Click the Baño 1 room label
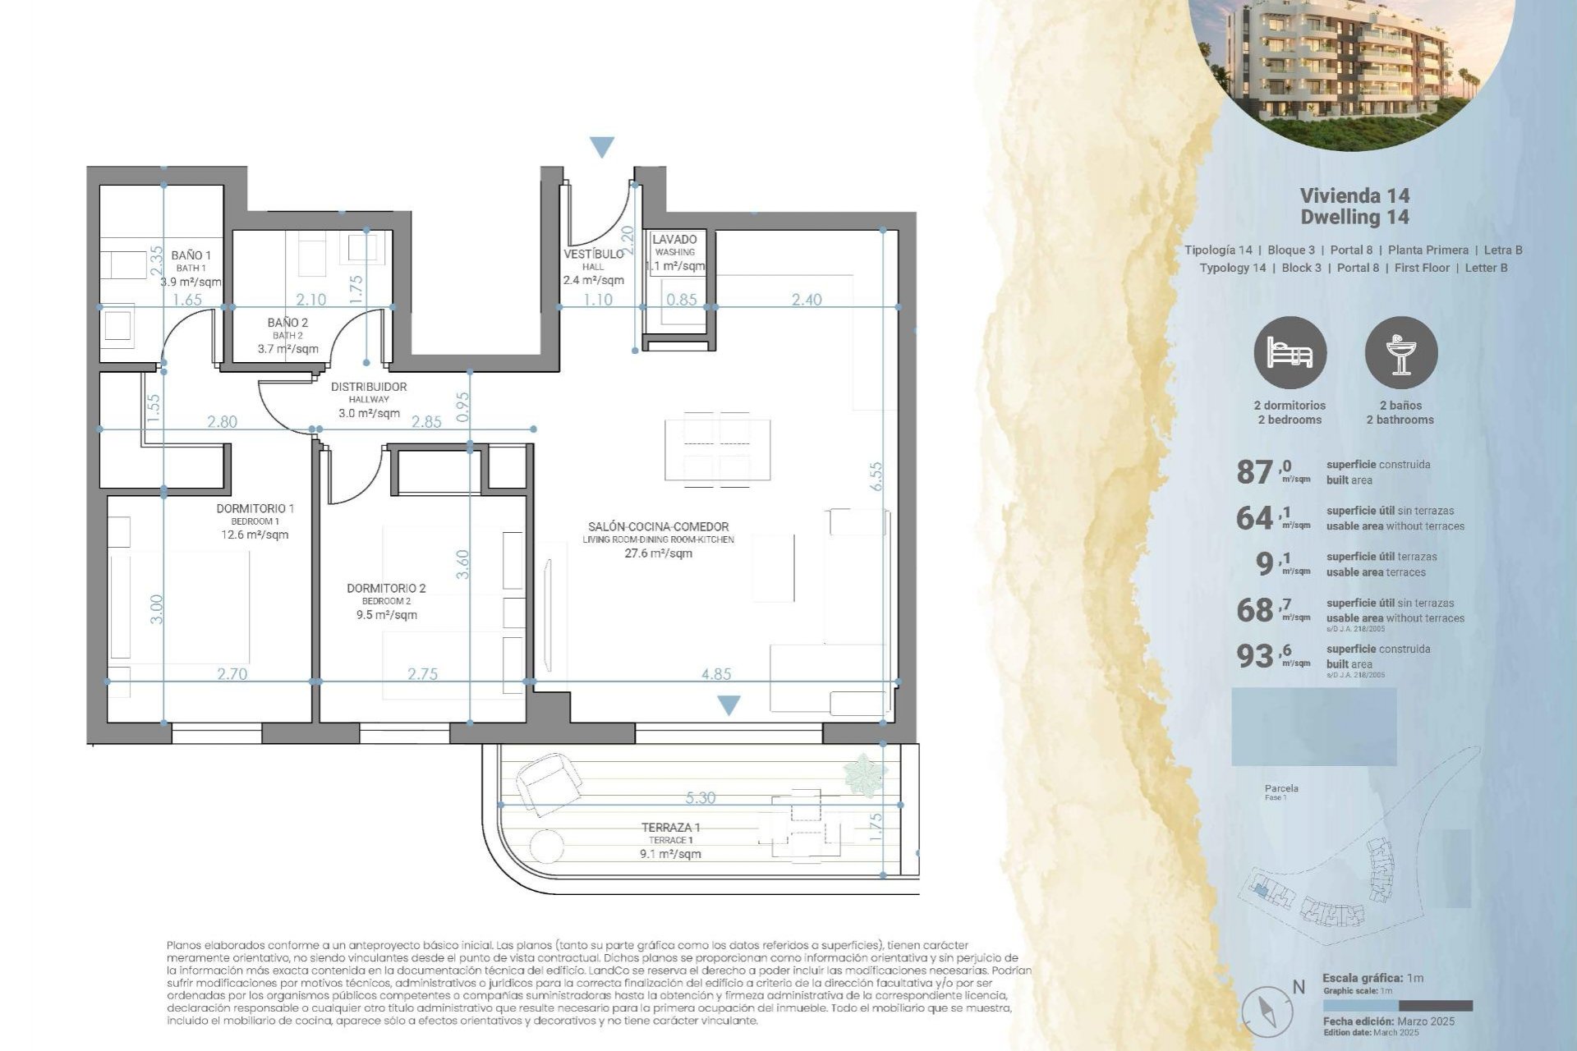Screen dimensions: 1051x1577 191,255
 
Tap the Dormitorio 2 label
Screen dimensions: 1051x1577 386,589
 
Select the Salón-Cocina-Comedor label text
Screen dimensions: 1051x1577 658,527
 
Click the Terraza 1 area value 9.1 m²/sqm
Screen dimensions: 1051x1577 670,854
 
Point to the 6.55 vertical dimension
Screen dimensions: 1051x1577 876,476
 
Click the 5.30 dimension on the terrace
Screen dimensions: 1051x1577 700,797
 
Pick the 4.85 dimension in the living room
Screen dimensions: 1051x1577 716,674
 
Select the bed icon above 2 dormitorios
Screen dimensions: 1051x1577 1290,353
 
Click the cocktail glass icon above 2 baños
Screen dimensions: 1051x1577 1401,353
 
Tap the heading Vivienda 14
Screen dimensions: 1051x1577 1354,195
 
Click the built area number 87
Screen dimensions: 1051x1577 1254,472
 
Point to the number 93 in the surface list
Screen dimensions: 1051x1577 1254,656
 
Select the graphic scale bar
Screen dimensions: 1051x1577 1397,1006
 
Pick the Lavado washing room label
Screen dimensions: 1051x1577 674,240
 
